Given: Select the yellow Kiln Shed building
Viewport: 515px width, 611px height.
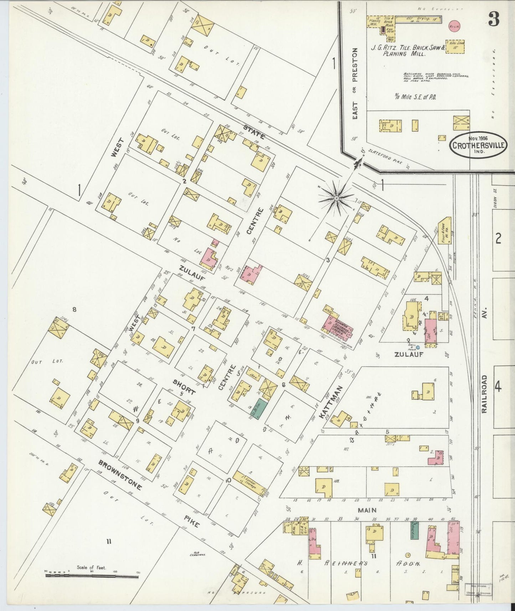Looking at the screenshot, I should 455,47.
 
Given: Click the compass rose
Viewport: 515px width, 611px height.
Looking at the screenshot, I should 336,197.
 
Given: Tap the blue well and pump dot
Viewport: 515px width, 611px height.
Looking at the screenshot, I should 418,347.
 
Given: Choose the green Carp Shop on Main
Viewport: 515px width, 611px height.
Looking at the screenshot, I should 414,530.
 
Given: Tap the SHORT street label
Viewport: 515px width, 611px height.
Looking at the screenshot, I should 184,387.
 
